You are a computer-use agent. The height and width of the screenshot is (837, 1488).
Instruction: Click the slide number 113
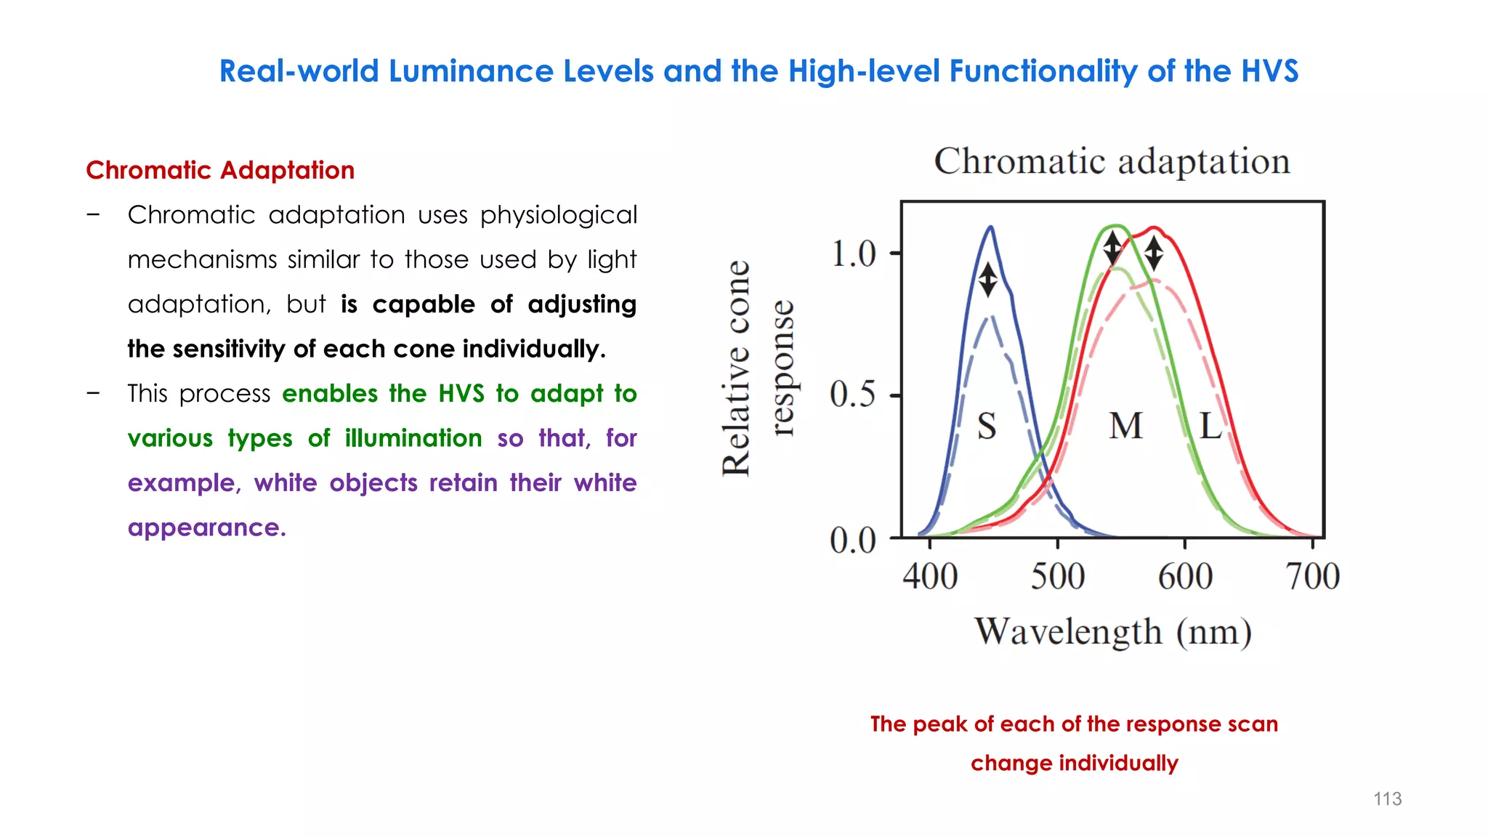[1386, 798]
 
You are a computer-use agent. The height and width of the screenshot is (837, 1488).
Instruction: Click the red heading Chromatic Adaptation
[220, 170]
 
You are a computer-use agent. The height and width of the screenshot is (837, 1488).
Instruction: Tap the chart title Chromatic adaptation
[1112, 161]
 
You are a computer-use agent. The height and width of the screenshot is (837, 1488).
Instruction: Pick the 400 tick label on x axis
[930, 577]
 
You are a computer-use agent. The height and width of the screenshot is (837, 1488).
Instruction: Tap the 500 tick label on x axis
[1058, 577]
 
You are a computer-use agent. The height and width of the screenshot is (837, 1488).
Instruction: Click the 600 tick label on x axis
[1185, 577]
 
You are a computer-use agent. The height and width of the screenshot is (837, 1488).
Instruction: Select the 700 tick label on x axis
[1312, 577]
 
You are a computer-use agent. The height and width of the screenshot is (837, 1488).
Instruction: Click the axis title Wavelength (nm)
[1112, 631]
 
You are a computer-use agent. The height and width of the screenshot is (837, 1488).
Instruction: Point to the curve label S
[986, 426]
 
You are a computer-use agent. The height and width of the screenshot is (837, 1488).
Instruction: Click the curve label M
[1125, 426]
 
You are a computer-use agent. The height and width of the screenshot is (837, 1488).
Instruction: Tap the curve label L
[1210, 426]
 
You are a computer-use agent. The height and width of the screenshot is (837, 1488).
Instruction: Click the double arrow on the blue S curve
[987, 280]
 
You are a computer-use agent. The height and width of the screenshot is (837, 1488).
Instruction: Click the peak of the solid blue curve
[990, 227]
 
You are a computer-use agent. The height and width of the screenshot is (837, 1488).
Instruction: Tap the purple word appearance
[206, 527]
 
